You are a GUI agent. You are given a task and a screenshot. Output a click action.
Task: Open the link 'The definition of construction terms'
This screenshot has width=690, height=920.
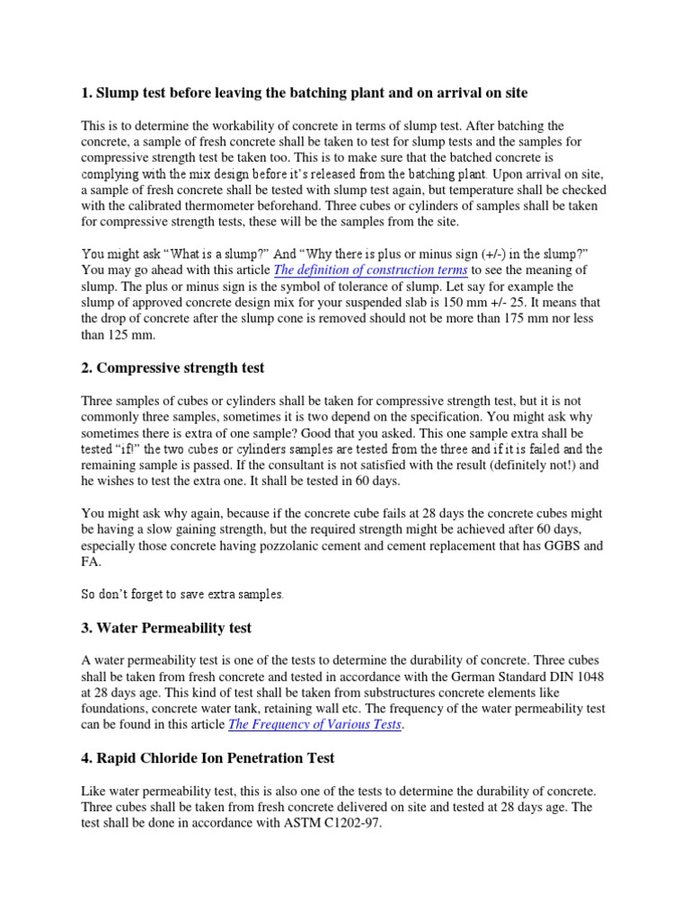(371, 270)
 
